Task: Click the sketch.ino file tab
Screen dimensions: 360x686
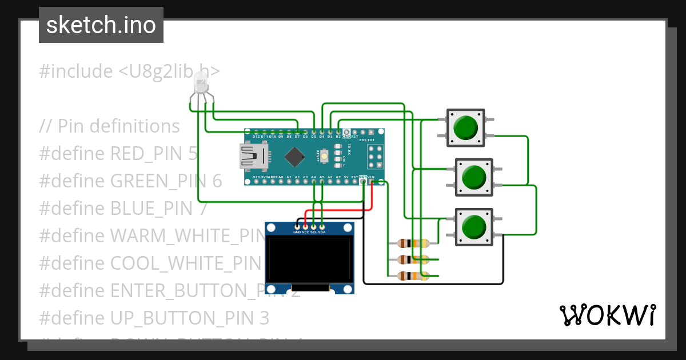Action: pyautogui.click(x=101, y=25)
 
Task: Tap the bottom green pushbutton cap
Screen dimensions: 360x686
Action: pyautogui.click(x=473, y=227)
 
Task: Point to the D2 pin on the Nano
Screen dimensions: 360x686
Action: pyautogui.click(x=338, y=132)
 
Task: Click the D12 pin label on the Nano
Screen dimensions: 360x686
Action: pyautogui.click(x=256, y=137)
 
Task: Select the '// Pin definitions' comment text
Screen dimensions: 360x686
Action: pyautogui.click(x=110, y=126)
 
